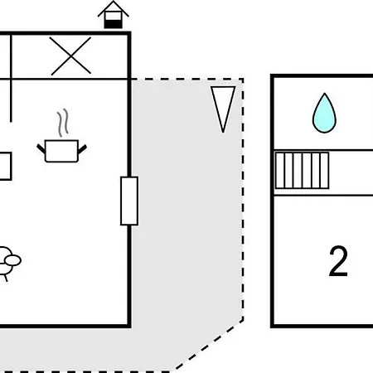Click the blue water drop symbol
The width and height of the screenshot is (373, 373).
point(324,114)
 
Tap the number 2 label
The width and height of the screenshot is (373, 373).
point(338,261)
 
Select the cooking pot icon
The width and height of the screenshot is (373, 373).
point(61,151)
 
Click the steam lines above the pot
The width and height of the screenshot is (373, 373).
point(63,123)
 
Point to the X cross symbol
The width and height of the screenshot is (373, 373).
point(70,56)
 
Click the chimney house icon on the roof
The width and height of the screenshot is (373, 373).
point(114,15)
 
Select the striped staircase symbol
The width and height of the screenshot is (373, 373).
point(302,171)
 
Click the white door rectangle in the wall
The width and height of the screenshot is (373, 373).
point(129,201)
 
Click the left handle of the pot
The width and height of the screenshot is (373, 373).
point(41,148)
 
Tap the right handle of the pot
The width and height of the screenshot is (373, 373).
point(82,149)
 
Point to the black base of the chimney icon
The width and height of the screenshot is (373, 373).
point(114,24)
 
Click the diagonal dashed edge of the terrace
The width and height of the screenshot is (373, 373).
point(209,345)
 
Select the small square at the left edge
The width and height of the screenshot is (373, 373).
point(5,166)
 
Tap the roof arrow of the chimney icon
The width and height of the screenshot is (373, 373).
point(114,8)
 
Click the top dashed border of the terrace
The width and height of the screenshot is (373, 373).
point(187,80)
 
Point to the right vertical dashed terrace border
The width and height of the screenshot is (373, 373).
point(243,200)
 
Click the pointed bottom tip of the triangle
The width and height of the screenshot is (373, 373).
point(223,133)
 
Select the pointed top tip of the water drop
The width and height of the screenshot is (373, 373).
point(325,94)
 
